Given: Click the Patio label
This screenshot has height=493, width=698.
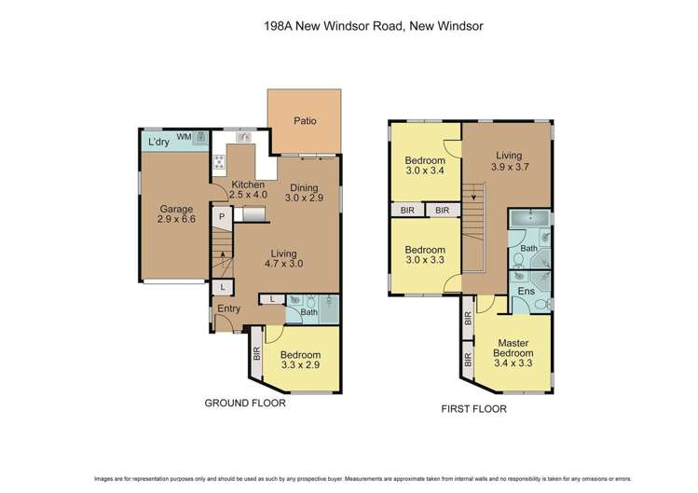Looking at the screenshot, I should click(304, 120).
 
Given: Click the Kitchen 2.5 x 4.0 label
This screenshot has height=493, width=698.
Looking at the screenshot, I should click(248, 189).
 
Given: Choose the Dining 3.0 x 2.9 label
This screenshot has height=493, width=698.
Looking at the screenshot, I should click(303, 193).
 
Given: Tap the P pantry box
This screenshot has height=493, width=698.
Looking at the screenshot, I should click(222, 216).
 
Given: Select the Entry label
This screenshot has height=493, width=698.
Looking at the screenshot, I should click(229, 308).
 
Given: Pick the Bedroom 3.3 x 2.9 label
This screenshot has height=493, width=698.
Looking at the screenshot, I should click(300, 361).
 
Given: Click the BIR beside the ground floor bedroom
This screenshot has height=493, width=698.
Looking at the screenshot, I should click(255, 354).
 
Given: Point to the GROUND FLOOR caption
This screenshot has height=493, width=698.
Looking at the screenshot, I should click(245, 404).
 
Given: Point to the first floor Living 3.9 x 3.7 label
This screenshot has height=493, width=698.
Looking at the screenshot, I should click(508, 162).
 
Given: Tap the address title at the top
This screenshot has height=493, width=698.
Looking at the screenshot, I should click(349, 28).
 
